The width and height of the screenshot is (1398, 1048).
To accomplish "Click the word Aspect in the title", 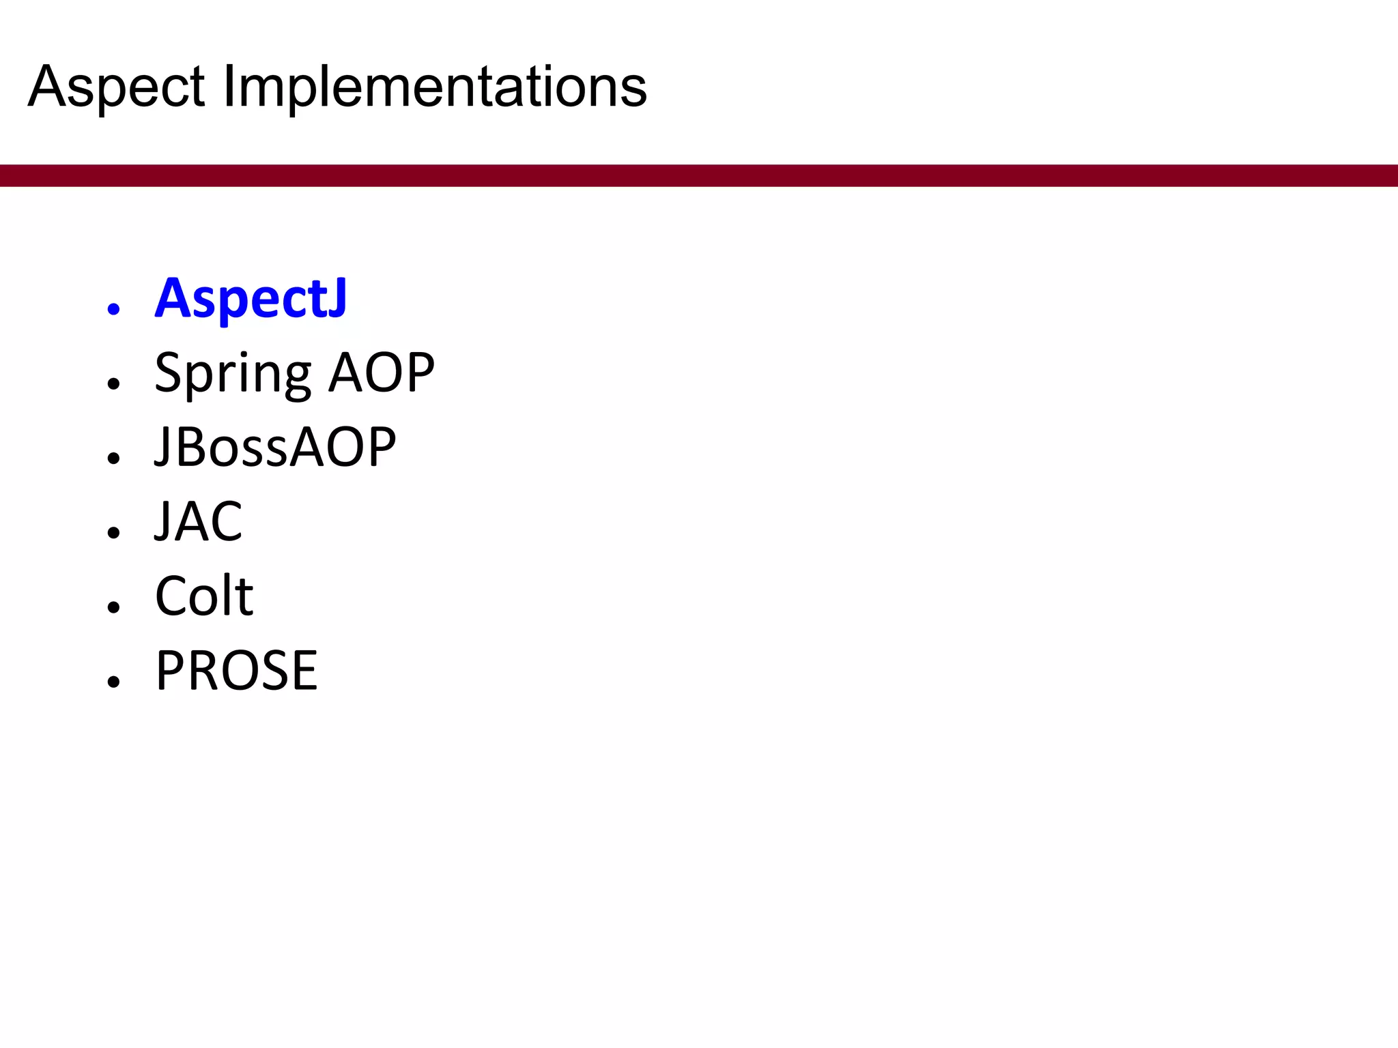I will click(116, 87).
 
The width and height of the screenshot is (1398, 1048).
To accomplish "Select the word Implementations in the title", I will click(434, 87).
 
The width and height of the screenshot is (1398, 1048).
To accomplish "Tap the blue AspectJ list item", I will click(251, 298).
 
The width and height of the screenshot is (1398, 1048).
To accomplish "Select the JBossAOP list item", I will click(275, 447).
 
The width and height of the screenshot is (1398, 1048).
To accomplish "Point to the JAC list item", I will click(198, 521).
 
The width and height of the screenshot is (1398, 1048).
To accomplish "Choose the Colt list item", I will click(204, 596).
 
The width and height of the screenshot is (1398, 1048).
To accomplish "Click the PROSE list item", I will click(236, 670).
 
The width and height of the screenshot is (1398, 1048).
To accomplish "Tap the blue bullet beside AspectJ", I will click(113, 309).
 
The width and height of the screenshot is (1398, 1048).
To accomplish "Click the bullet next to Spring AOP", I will click(113, 383).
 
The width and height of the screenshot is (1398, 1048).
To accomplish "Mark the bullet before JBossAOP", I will click(113, 458).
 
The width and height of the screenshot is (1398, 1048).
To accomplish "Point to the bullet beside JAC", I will click(113, 532).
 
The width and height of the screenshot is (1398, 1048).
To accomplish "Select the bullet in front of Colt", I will click(113, 607).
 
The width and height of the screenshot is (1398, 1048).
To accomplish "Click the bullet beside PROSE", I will click(113, 681).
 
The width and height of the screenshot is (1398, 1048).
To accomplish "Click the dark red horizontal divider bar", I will click(699, 175).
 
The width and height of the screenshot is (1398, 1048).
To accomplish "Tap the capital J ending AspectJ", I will click(337, 298).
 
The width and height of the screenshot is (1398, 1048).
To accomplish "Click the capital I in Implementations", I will click(229, 87).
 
